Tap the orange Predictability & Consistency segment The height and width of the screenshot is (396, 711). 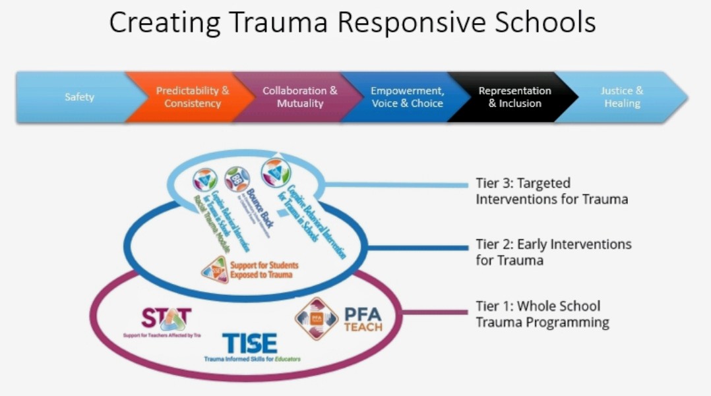192,98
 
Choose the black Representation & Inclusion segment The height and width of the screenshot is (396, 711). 514,98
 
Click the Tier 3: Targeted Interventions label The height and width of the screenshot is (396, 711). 551,190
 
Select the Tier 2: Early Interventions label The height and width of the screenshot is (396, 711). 553,252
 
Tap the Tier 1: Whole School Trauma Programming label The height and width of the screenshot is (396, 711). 541,314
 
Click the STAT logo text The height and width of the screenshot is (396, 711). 166,319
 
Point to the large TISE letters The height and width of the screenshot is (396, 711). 249,344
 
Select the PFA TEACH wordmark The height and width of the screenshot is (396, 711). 363,320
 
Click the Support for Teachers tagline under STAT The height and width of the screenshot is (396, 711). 162,335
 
